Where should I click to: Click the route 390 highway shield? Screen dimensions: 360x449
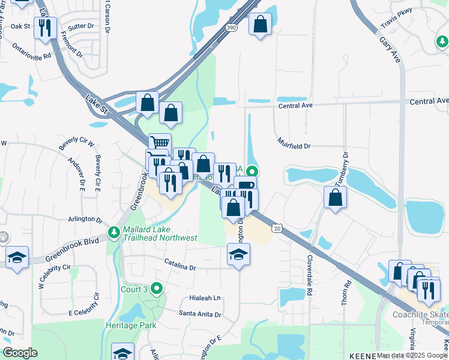pyautogui.click(x=231, y=28)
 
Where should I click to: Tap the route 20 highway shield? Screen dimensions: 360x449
pyautogui.click(x=276, y=228)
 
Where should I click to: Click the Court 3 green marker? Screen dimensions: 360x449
pyautogui.click(x=157, y=289)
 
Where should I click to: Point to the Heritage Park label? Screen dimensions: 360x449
pyautogui.click(x=131, y=325)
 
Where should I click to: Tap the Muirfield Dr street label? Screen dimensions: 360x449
pyautogui.click(x=294, y=144)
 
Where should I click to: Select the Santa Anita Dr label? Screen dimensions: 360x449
pyautogui.click(x=200, y=314)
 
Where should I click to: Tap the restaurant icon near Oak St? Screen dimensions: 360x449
pyautogui.click(x=46, y=28)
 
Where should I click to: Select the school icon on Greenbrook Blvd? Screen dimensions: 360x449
pyautogui.click(x=17, y=257)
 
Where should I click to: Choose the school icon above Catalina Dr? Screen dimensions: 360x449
pyautogui.click(x=239, y=254)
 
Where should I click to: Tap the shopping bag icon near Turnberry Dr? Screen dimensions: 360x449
pyautogui.click(x=335, y=197)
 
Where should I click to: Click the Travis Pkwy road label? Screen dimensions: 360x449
pyautogui.click(x=397, y=22)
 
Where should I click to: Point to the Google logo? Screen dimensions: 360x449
pyautogui.click(x=20, y=353)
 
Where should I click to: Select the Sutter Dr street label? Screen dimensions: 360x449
pyautogui.click(x=82, y=27)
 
